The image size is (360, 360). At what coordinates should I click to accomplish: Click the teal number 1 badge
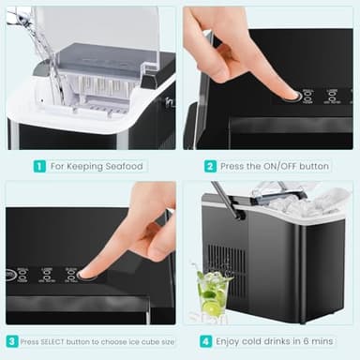39,166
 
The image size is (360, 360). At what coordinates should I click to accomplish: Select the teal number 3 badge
12,341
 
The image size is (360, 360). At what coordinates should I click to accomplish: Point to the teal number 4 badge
205,341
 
